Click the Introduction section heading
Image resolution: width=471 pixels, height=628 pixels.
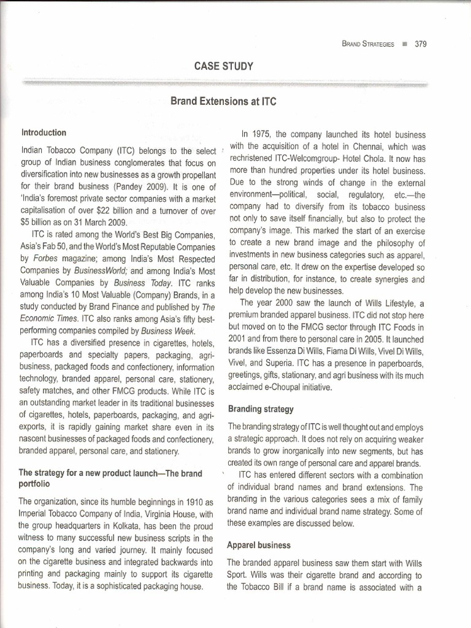(x=44, y=132)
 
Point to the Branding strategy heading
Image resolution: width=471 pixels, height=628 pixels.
(x=261, y=408)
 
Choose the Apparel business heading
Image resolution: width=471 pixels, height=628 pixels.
(x=258, y=545)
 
